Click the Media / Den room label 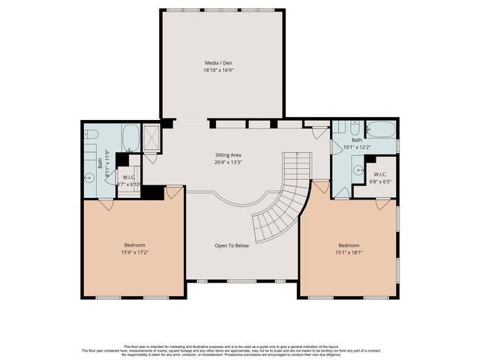222,63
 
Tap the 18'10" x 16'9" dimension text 222,70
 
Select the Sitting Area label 228,154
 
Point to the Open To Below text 232,245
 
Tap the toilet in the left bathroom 91,134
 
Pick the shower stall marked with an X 151,136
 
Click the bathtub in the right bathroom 381,129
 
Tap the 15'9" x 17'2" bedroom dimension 135,253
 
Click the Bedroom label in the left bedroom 135,245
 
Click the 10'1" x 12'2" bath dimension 357,148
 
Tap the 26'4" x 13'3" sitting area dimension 228,162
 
